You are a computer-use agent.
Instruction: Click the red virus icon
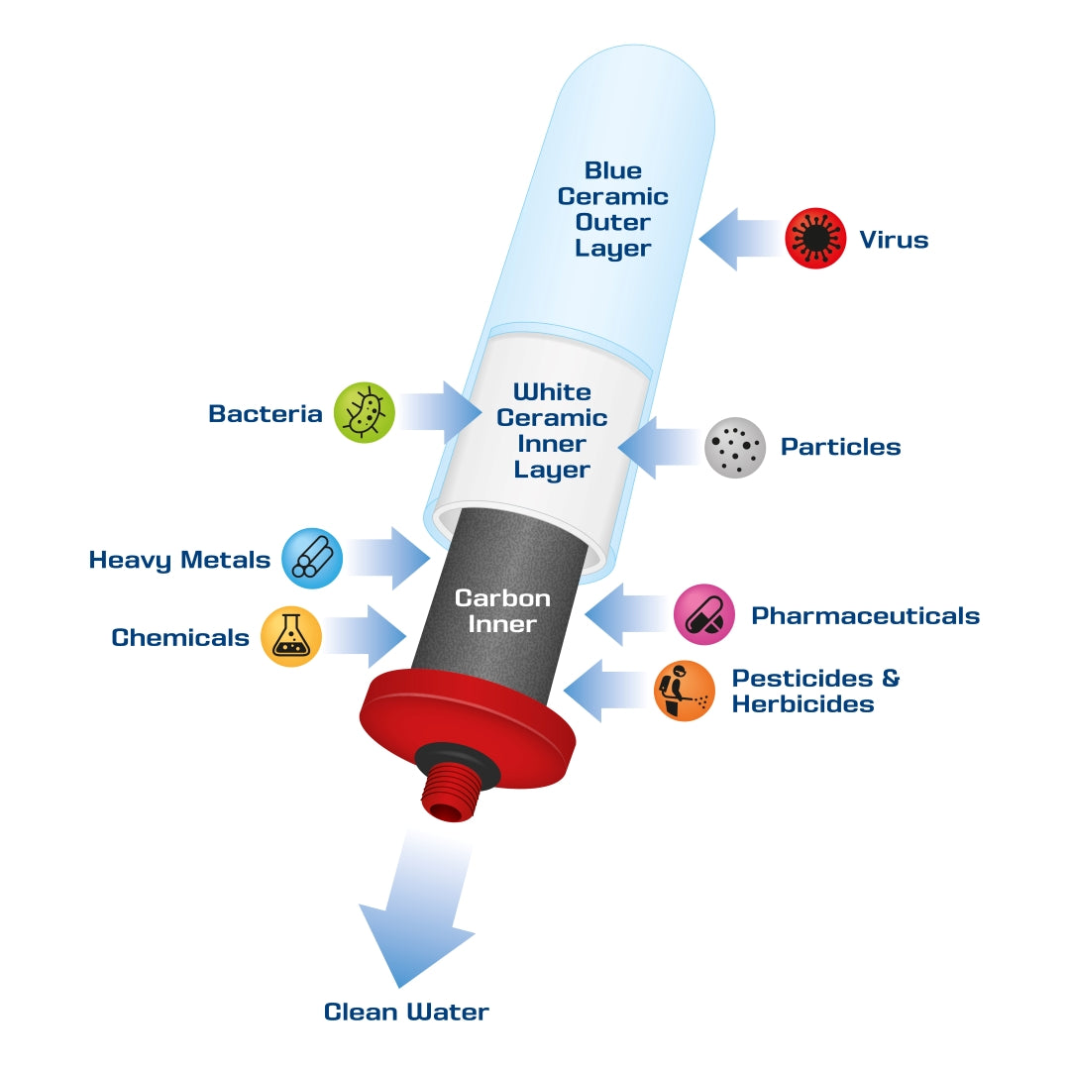tap(815, 239)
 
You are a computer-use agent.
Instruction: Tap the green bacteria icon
tap(365, 413)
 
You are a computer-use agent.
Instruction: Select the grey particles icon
tap(735, 447)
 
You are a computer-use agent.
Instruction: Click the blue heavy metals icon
tap(312, 559)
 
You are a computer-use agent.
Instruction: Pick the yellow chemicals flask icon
tap(291, 636)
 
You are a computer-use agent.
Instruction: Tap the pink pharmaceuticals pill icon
tap(704, 614)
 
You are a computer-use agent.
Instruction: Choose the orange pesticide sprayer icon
tap(685, 691)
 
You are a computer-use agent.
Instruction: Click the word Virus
tap(894, 240)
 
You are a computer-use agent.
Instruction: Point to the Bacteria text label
tap(266, 414)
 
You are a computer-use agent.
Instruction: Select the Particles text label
tap(841, 447)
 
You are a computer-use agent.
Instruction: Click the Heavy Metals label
tap(179, 561)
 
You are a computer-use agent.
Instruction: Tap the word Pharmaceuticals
tap(865, 616)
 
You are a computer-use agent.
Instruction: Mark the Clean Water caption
tap(406, 1012)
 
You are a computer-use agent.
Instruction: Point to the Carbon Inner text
tap(501, 611)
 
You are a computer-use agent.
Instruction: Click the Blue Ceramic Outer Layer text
tap(612, 209)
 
